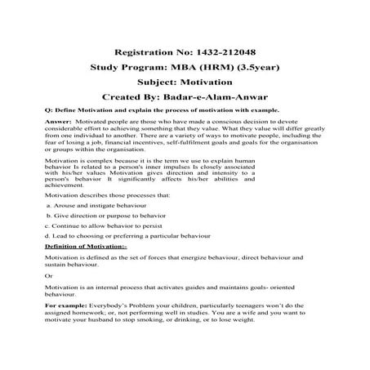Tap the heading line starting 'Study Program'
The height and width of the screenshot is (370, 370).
click(184, 68)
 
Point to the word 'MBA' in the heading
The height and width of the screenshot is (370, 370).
click(181, 68)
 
